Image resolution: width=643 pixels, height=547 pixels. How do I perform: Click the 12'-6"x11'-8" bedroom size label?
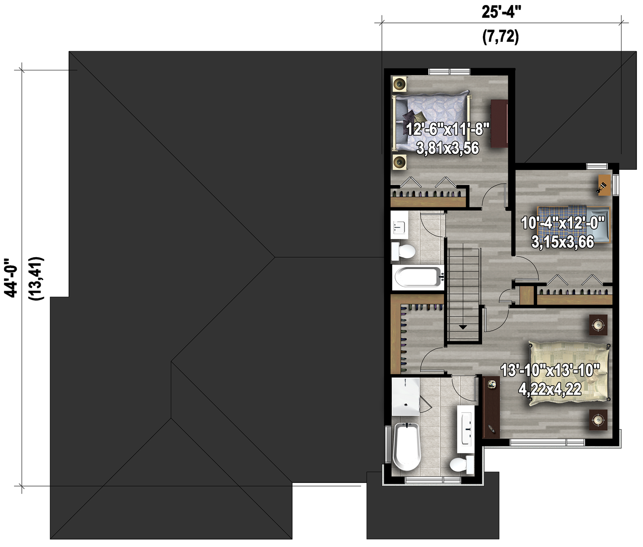click(448, 129)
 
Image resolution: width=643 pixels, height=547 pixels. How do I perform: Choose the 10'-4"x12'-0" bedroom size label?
click(563, 223)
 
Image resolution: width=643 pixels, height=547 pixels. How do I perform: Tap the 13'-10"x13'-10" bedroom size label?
click(550, 370)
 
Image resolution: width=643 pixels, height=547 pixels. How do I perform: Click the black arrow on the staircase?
click(463, 327)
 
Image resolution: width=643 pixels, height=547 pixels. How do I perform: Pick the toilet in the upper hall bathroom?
click(403, 251)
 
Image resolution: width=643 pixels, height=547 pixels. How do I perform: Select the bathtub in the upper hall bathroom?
click(418, 277)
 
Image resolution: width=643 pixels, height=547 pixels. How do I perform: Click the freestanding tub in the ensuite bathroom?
click(407, 447)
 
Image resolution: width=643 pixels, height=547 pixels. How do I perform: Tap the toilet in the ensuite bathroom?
click(462, 464)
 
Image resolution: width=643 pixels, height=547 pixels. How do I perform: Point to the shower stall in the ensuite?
click(405, 397)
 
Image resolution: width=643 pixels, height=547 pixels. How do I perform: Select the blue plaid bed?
click(574, 225)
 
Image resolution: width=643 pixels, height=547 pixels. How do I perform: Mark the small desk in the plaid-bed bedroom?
click(604, 185)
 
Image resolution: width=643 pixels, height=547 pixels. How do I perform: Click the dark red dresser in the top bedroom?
click(499, 124)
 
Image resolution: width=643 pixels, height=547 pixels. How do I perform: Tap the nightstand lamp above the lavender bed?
click(400, 84)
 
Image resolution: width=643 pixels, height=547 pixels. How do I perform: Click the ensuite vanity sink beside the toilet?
click(467, 429)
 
